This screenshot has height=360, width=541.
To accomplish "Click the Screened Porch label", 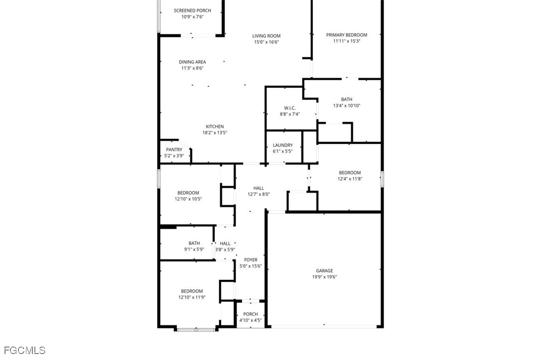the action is click(x=192, y=10).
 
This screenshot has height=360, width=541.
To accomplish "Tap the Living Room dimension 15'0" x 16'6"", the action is click(x=267, y=42).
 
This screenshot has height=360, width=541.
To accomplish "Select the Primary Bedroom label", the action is click(x=346, y=35).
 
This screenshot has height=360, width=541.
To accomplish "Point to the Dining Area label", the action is click(x=192, y=62).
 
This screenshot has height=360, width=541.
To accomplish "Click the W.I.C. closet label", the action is click(x=290, y=108).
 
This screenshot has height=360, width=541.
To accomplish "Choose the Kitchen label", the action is click(x=215, y=126).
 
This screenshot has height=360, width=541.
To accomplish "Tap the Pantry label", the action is click(x=174, y=150).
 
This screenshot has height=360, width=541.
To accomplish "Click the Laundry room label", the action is click(x=282, y=145).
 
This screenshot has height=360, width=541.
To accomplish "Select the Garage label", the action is click(x=324, y=271).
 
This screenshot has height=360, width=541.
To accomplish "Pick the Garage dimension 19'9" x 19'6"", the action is click(x=324, y=277).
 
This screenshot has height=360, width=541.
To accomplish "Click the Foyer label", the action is click(x=251, y=260).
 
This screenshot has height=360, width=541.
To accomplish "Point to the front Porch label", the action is click(x=251, y=314).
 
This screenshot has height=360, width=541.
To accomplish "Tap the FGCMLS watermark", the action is click(x=24, y=351).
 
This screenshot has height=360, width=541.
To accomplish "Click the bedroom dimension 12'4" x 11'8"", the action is click(x=350, y=179).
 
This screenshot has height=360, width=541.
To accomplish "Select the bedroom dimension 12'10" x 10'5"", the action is click(x=188, y=199).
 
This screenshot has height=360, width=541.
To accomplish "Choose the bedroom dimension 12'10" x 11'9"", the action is click(x=192, y=297).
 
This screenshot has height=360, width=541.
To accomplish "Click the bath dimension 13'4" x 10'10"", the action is click(x=346, y=106).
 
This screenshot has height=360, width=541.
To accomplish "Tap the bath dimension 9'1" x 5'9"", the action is click(x=194, y=249).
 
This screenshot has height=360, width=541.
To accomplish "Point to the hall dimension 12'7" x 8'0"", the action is click(x=259, y=195).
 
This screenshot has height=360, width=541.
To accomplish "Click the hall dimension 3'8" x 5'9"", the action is click(x=225, y=249).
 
